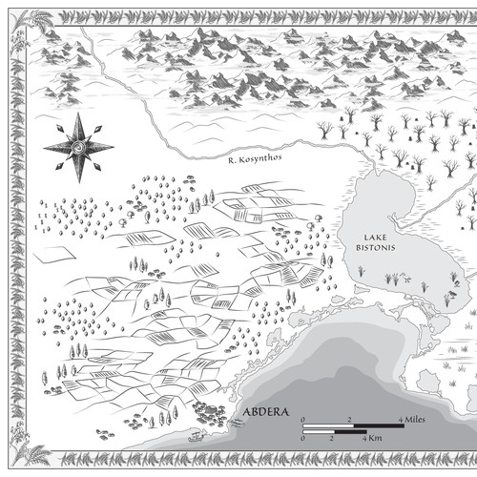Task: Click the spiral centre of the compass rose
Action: (x=77, y=146)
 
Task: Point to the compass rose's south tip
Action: (x=77, y=180)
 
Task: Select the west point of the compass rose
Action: (x=44, y=146)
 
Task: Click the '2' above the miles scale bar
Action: (x=350, y=419)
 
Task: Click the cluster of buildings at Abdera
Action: (x=207, y=412)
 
